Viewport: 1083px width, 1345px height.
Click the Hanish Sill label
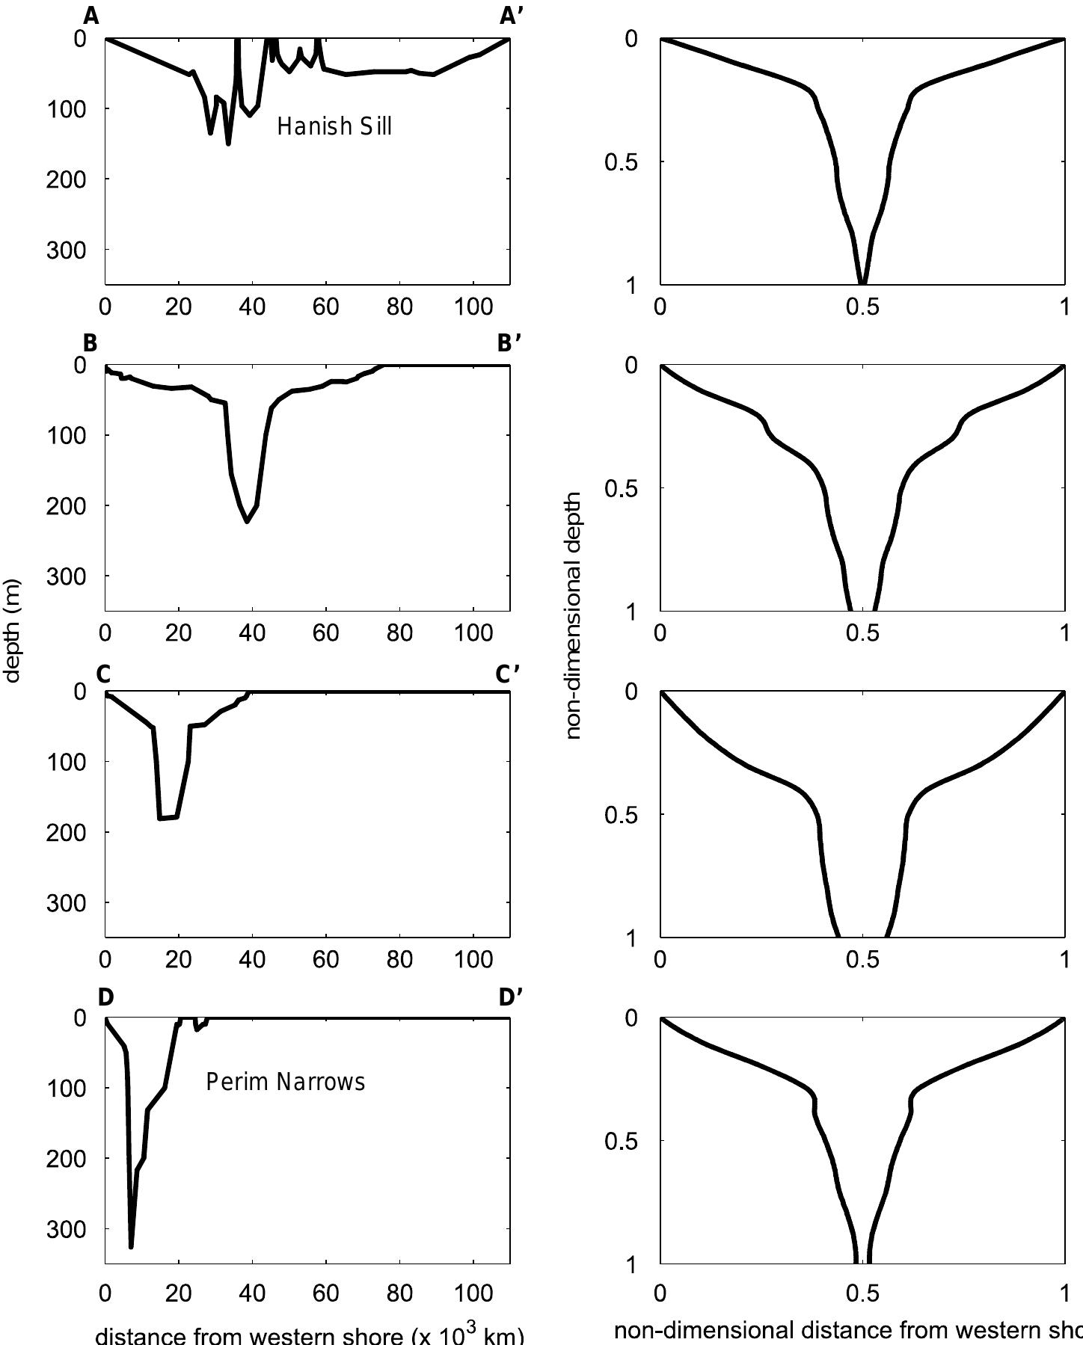(x=334, y=126)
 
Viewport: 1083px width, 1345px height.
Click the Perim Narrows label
(x=285, y=1082)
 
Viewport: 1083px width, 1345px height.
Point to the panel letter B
(x=90, y=343)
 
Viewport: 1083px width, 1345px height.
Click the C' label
(x=508, y=674)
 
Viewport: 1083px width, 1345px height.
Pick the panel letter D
(x=105, y=997)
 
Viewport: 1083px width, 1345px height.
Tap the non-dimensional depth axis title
(x=574, y=615)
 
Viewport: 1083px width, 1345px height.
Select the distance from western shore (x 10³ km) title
(x=309, y=1335)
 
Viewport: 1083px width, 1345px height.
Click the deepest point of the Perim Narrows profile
(x=131, y=1246)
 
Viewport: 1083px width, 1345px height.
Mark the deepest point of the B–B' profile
(x=247, y=521)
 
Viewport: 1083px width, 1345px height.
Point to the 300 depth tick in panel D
(x=66, y=1229)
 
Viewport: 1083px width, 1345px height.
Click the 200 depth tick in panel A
(x=66, y=179)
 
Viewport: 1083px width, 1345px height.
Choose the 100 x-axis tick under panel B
(x=473, y=633)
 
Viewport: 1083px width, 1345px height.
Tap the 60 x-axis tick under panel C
(x=326, y=959)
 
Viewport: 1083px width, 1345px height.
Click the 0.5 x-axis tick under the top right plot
(x=862, y=308)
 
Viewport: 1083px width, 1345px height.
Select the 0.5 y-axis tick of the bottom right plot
(x=621, y=1142)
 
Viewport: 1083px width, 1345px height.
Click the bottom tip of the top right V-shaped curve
(x=862, y=283)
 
